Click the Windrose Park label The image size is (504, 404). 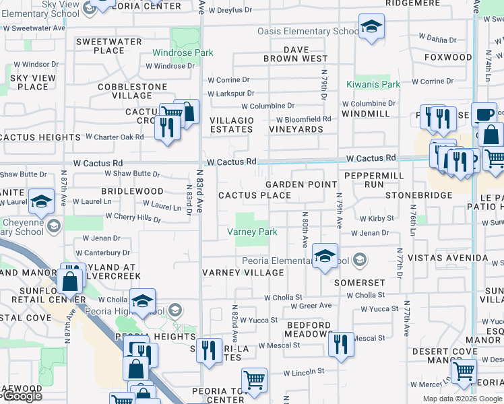[x=183, y=53]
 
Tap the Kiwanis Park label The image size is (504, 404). [x=373, y=84]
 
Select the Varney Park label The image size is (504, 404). [x=253, y=232]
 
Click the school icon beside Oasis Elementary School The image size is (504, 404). [x=370, y=27]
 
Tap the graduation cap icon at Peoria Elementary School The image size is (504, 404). [x=325, y=257]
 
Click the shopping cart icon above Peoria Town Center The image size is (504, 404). [x=254, y=380]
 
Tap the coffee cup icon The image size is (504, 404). [x=484, y=114]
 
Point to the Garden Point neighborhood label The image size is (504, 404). [x=301, y=184]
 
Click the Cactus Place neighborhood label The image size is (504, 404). [x=255, y=196]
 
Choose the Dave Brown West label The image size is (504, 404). [x=296, y=54]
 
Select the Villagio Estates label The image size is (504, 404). [x=232, y=125]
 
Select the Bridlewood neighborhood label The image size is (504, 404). [x=132, y=191]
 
